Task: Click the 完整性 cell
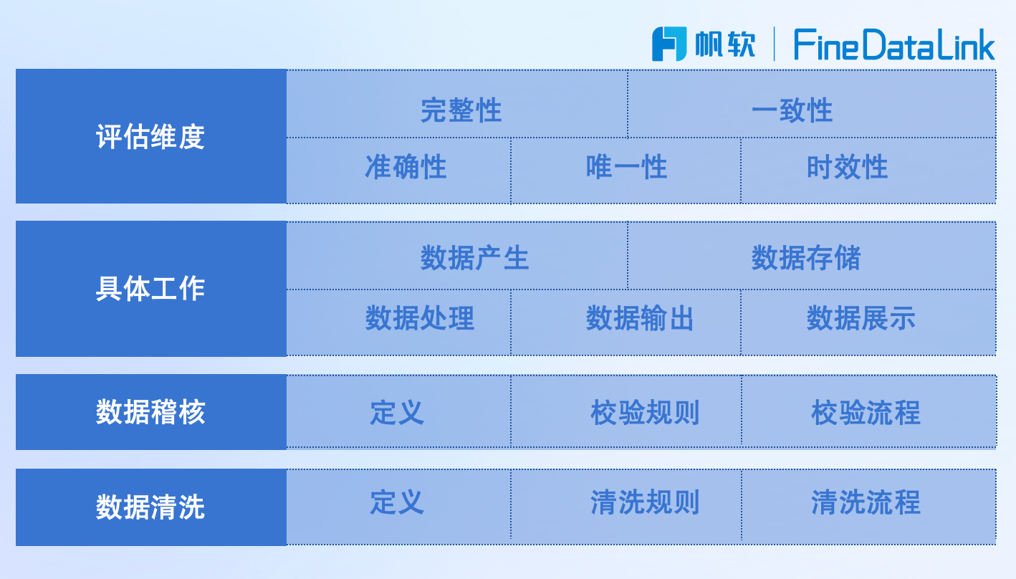tap(457, 104)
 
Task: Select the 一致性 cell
tap(812, 104)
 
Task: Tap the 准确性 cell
tap(398, 171)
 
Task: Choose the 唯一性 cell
tap(626, 171)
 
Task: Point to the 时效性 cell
tap(868, 171)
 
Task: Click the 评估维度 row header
tap(151, 136)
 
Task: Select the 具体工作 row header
tap(151, 289)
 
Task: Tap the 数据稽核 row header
tap(151, 412)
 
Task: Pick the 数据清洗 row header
tap(151, 507)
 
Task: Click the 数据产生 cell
tap(457, 256)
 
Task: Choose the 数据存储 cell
tap(812, 256)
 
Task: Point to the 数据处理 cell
tap(398, 322)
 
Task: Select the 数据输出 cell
tap(626, 322)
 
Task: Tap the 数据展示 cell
tap(868, 322)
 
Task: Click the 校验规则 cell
tap(626, 411)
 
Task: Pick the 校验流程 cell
tap(869, 411)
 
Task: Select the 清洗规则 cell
tap(626, 507)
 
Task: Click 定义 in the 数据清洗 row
tap(398, 507)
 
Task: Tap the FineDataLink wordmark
tap(894, 44)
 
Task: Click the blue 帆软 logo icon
tap(669, 44)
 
